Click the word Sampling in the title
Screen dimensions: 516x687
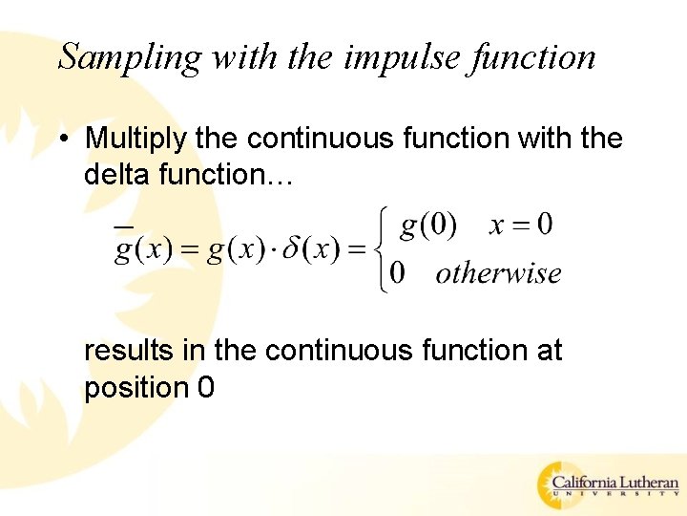pos(130,57)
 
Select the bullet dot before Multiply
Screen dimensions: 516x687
pos(61,140)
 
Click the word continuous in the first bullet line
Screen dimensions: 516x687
pos(321,139)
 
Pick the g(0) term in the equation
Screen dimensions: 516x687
pos(428,226)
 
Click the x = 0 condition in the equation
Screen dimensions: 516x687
pos(520,226)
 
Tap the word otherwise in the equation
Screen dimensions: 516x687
pos(498,273)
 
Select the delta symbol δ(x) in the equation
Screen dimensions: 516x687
pos(314,252)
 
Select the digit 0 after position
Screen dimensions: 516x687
pos(205,388)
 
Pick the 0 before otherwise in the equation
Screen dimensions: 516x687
pos(398,274)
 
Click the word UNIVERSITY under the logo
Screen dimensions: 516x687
pos(616,496)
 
